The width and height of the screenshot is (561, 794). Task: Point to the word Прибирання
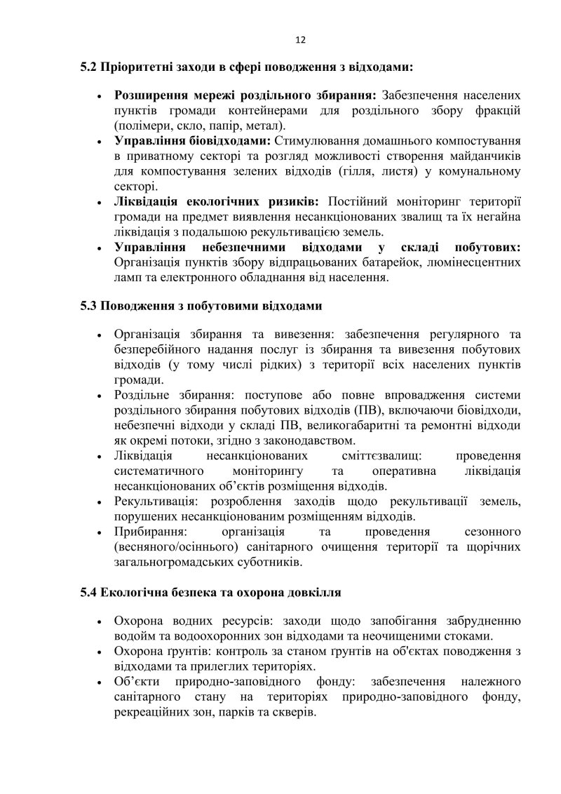pyautogui.click(x=144, y=532)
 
